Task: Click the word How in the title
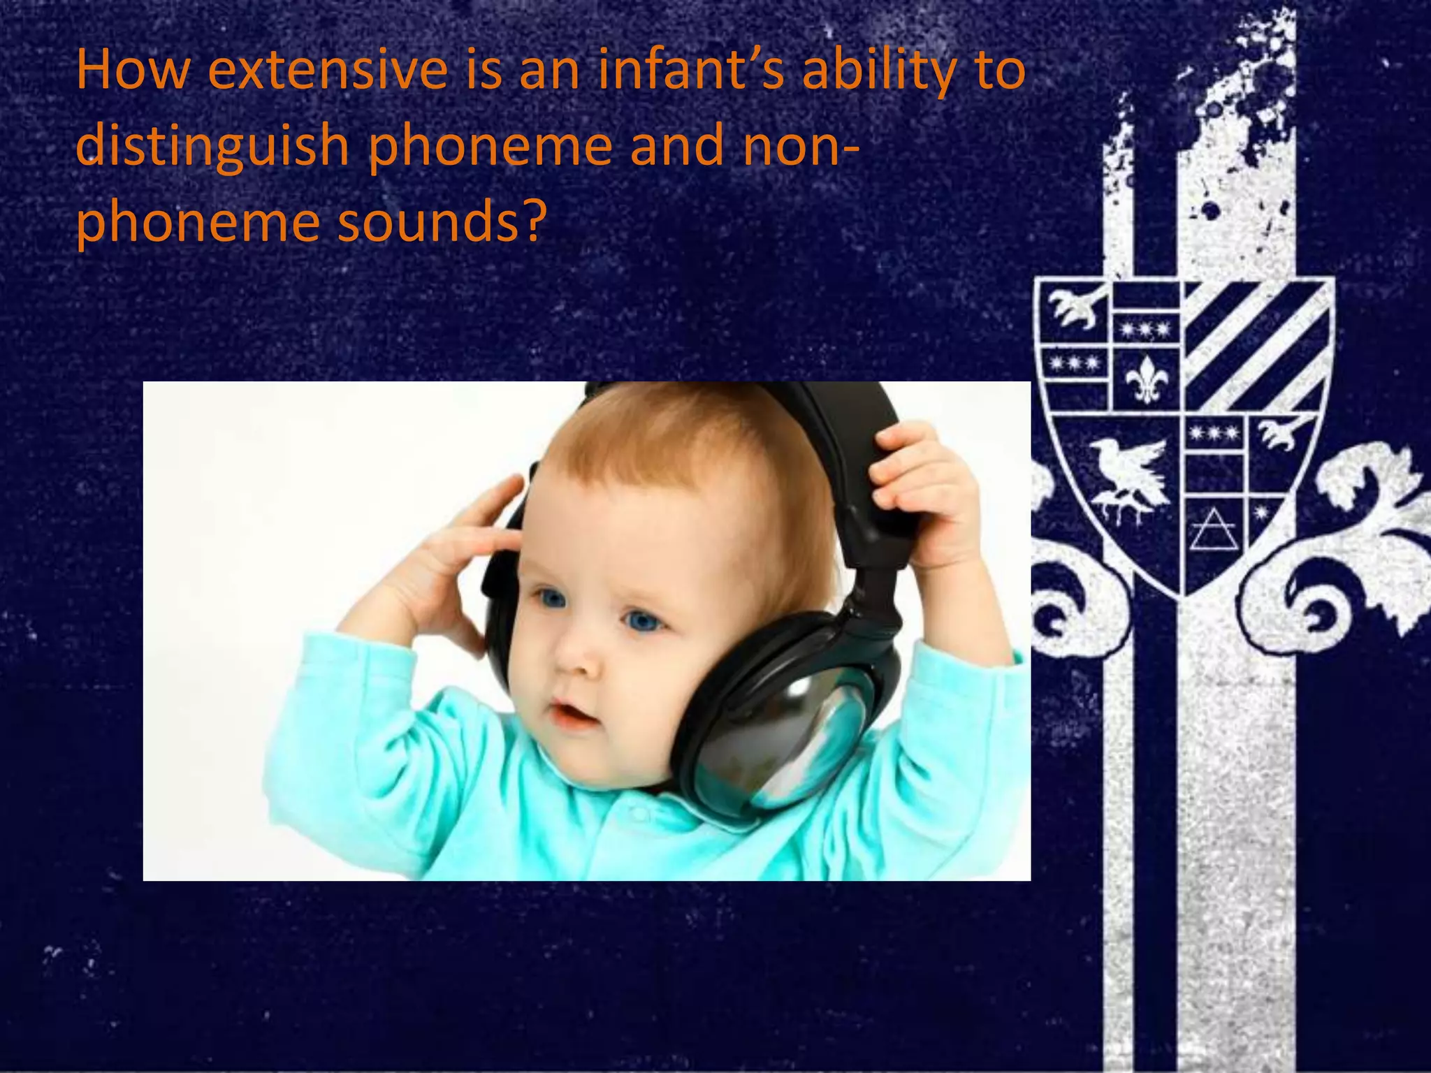[132, 71]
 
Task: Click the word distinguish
[212, 147]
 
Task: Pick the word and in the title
[677, 146]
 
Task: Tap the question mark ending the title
[531, 222]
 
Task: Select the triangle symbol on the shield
[1212, 531]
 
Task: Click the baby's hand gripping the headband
[922, 482]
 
